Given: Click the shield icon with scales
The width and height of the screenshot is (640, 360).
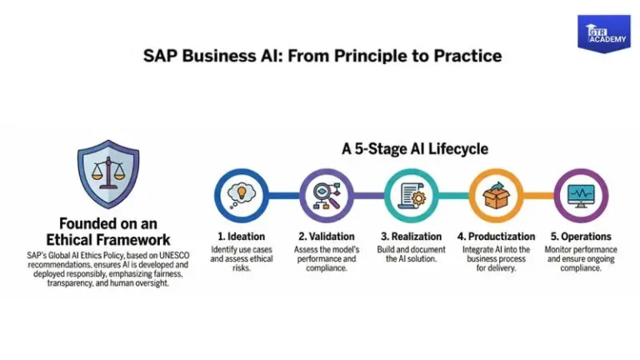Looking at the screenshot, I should click(x=107, y=173).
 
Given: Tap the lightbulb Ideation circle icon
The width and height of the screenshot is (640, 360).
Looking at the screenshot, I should click(x=240, y=195).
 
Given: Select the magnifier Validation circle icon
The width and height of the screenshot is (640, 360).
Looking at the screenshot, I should click(x=326, y=195).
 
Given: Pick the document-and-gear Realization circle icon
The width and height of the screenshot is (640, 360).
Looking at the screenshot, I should click(x=411, y=195).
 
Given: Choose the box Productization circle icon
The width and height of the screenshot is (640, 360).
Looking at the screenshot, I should click(x=496, y=195).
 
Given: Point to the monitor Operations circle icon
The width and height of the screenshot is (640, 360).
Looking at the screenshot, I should click(x=581, y=195).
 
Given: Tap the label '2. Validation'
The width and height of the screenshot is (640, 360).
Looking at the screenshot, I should click(x=327, y=237).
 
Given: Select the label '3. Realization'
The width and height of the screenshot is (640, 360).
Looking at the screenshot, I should click(x=411, y=237).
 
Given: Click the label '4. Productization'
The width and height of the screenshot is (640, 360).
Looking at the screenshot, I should click(x=496, y=237).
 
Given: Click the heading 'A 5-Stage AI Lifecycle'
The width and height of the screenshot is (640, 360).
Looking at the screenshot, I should click(x=415, y=149).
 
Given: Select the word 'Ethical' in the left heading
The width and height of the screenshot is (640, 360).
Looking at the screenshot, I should click(x=73, y=239).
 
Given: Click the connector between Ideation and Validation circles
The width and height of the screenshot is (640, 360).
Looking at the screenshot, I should click(x=283, y=195).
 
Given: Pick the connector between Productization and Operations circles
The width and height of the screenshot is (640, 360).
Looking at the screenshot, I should click(x=538, y=195).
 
